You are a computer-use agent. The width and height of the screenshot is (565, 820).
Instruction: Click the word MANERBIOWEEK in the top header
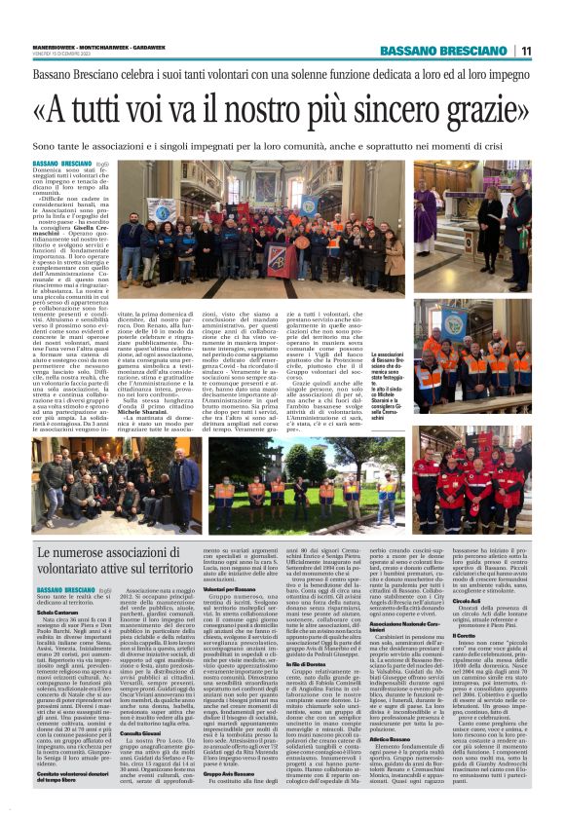tap(54, 40)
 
